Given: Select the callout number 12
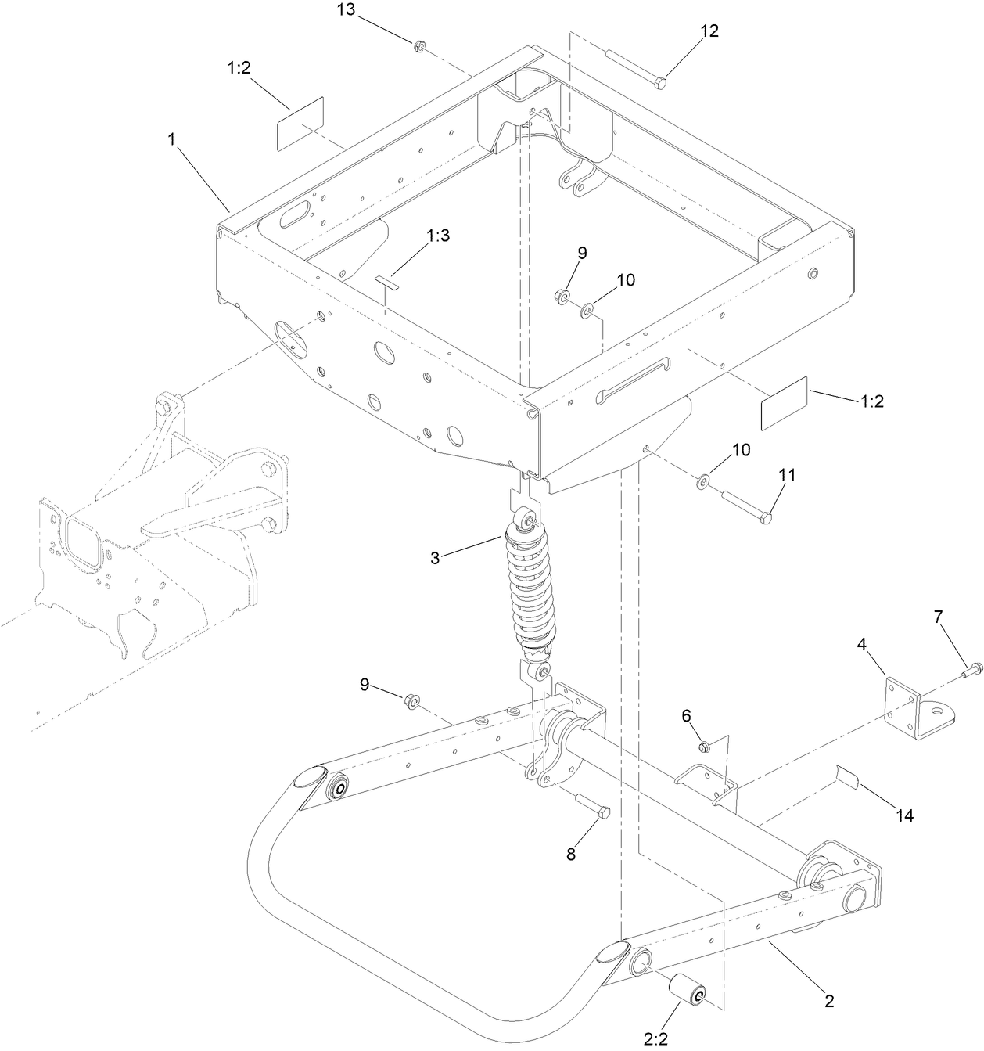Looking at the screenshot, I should pyautogui.click(x=709, y=31).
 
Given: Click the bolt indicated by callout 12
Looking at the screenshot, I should pyautogui.click(x=635, y=67).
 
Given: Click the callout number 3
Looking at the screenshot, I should pyautogui.click(x=435, y=557).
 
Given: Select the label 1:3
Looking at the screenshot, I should pyautogui.click(x=438, y=235).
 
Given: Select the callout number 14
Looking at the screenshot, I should pyautogui.click(x=904, y=815).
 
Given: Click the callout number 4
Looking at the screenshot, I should pyautogui.click(x=861, y=645).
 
